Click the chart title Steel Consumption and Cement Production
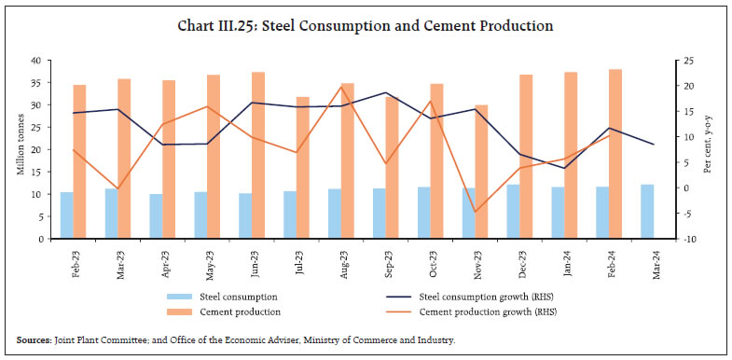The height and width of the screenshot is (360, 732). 366,25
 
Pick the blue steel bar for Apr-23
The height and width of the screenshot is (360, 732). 156,216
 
